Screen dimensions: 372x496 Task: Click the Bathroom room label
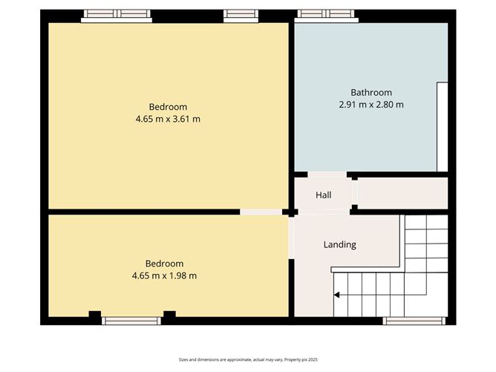coord(371,93)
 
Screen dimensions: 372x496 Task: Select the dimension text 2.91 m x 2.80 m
coord(371,105)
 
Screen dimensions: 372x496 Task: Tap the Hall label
coord(323,195)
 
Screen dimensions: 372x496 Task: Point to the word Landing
coord(340,244)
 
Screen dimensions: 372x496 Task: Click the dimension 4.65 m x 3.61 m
coord(167,118)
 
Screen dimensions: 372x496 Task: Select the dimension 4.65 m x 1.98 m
coord(163,275)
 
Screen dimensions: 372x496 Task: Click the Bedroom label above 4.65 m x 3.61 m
coord(167,106)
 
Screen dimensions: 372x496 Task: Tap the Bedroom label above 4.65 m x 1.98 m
coord(163,264)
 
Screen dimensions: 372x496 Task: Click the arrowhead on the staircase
coord(336,295)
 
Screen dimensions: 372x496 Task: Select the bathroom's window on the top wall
coord(327,15)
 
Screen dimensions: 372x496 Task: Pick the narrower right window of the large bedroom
coord(237,14)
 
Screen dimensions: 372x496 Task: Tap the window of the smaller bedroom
coord(131,321)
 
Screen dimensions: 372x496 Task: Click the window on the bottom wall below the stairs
coord(413,321)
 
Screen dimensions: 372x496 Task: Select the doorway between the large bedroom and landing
coord(261,212)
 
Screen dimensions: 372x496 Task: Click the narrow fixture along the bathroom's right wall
coord(442,126)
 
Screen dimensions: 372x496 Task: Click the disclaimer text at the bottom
coord(247,359)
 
